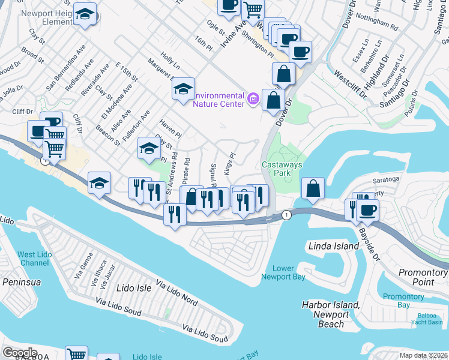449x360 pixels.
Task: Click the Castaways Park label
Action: (x=282, y=169)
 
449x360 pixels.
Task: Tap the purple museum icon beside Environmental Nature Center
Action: (x=253, y=100)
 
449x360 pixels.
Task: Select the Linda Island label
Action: (x=333, y=246)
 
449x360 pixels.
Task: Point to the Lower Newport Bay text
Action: (x=283, y=272)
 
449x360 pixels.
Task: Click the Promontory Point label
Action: (x=423, y=277)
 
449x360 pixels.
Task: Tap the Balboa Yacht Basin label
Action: (x=426, y=319)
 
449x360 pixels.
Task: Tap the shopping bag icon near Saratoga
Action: (x=313, y=188)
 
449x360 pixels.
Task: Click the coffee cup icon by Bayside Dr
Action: (x=367, y=211)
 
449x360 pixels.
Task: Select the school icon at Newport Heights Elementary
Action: (x=85, y=16)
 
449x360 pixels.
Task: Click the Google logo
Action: (x=20, y=352)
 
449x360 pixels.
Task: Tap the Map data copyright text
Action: (x=423, y=355)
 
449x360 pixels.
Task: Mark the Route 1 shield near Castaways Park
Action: (x=288, y=214)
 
